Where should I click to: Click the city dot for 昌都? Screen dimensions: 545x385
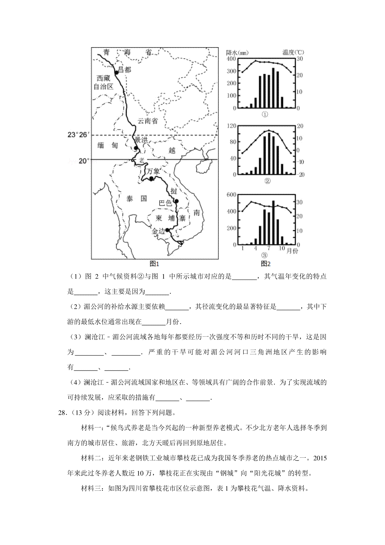[117, 73]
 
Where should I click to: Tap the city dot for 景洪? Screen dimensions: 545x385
[136, 148]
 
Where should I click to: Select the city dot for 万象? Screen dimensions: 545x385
[151, 179]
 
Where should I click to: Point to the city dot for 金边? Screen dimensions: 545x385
[167, 229]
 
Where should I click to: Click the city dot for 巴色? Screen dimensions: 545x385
[176, 201]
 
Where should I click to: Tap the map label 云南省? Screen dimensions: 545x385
[148, 121]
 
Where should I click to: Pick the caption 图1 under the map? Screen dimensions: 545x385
[155, 264]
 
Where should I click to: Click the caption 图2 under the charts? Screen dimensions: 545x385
[266, 264]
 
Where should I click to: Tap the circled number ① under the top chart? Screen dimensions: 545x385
[265, 114]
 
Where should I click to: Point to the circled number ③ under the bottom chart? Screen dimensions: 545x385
[264, 255]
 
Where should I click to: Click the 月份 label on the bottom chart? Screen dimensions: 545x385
[292, 251]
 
